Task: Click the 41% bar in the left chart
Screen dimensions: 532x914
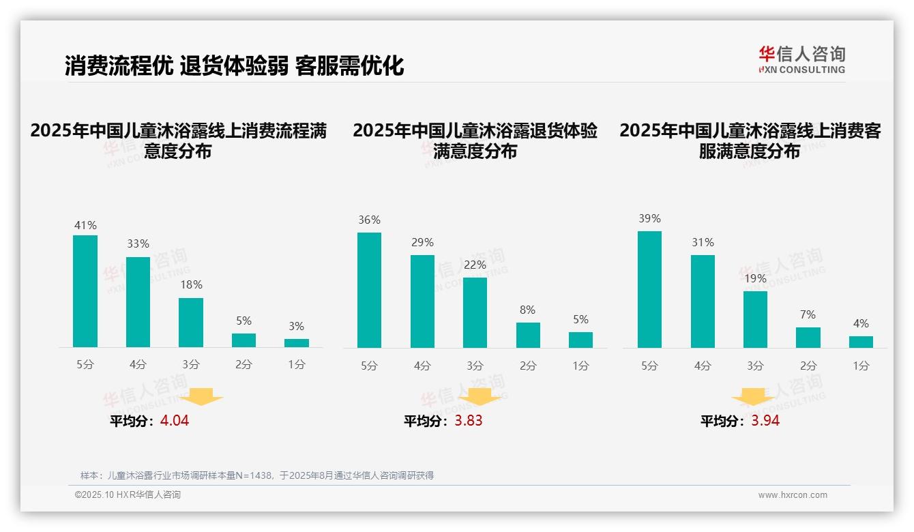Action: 85,291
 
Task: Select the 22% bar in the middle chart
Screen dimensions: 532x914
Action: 475,312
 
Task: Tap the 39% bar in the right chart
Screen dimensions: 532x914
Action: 649,289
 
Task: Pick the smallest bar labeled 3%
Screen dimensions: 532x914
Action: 297,343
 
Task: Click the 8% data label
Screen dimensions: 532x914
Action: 528,310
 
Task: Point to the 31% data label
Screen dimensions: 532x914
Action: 703,243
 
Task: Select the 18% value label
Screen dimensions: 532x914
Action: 191,285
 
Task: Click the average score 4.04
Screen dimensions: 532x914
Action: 175,421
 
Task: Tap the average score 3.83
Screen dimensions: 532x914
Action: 469,421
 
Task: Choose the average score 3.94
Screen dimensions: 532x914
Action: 765,421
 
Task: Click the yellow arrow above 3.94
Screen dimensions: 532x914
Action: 753,396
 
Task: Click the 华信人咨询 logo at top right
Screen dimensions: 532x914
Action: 801,59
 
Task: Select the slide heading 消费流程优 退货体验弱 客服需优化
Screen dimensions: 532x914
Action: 234,65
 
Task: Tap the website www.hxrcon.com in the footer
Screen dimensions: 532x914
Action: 793,495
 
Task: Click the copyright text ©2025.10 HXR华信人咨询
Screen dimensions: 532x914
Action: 128,495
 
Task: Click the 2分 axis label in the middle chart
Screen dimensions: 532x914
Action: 528,366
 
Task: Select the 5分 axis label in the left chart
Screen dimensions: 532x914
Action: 85,365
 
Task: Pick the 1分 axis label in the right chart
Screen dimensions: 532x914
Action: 861,366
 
